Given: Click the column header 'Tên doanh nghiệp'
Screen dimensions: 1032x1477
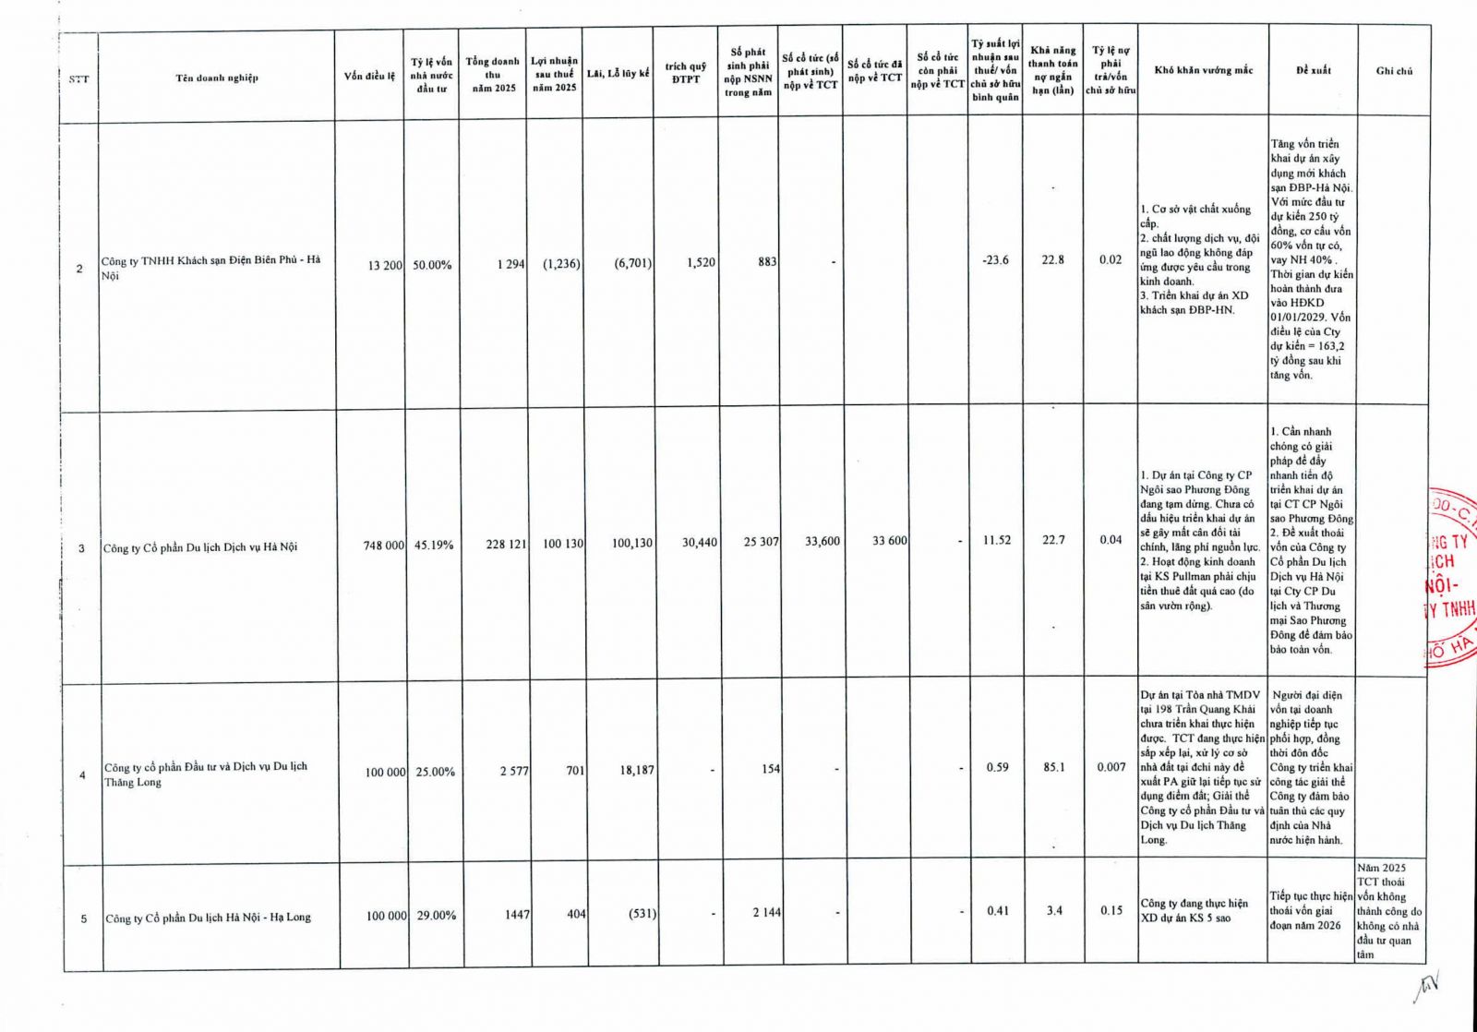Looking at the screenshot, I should coord(217,78).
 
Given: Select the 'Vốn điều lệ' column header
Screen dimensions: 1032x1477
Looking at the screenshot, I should coord(369,76).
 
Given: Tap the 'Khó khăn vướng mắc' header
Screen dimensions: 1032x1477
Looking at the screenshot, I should coord(1203,70).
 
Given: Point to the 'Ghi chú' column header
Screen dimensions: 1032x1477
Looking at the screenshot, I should coord(1394,70).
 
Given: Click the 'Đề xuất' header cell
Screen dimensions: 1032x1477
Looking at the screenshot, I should coord(1313,70).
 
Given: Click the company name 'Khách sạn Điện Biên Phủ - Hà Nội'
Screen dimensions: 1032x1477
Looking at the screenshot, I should coord(211,268).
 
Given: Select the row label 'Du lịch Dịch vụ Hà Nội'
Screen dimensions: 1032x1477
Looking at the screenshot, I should coord(200,547).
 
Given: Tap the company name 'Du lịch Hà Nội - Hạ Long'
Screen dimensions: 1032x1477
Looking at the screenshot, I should coord(208,918).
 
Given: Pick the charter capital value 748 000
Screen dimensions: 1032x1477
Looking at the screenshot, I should coord(383,546).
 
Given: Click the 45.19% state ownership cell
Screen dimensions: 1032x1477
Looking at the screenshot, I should coord(433,546).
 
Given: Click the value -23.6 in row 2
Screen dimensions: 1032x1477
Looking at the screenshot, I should coord(995,260).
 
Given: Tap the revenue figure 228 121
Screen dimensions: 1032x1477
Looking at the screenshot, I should coord(506,545).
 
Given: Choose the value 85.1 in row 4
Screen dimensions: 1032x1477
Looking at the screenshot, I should coord(1053,766).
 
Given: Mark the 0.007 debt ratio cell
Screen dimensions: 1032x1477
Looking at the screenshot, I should coord(1111,766).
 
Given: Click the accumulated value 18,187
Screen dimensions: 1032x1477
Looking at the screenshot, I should coord(636,769).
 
